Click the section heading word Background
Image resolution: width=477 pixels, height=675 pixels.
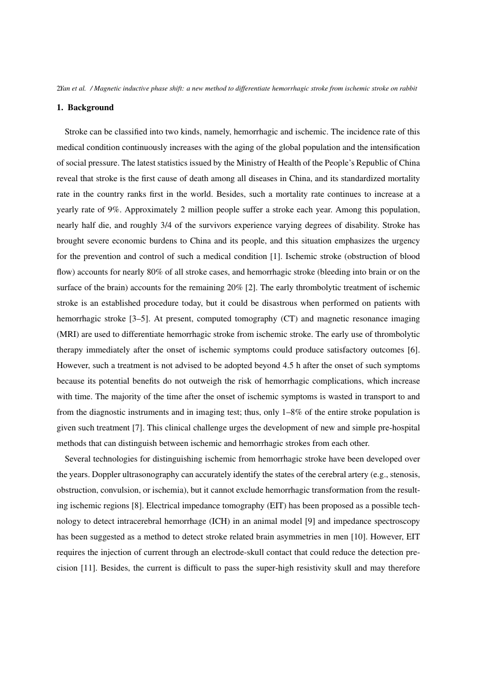tap(91, 107)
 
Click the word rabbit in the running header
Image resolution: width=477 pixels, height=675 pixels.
tap(408, 88)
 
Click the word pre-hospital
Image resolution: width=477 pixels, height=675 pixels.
tap(397, 427)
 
